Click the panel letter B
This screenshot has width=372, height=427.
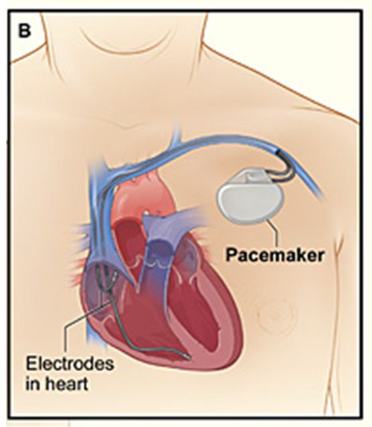24,30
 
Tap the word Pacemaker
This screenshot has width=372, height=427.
275,255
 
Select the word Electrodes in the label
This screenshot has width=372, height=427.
70,364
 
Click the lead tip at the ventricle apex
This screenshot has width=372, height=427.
186,356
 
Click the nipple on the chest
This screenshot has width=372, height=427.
275,314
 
